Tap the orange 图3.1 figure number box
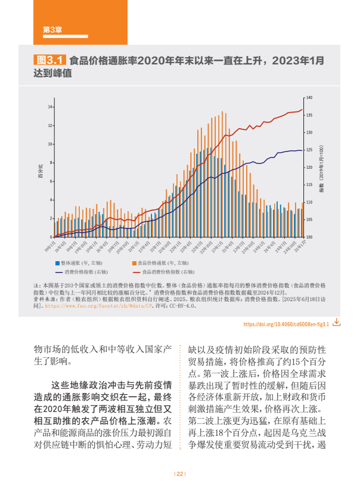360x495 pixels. click(x=49, y=60)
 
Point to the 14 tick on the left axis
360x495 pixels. click(x=50, y=107)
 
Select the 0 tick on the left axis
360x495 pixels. click(x=50, y=237)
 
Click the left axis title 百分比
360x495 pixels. click(x=41, y=172)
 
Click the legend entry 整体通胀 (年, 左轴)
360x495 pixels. click(x=83, y=262)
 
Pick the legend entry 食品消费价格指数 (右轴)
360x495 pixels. click(x=164, y=271)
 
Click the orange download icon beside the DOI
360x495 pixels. click(x=337, y=322)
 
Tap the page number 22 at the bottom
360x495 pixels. click(x=180, y=474)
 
